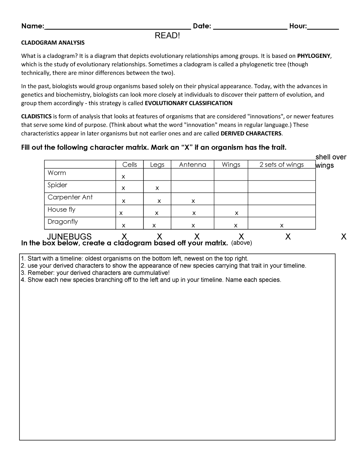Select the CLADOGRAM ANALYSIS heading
click(x=53, y=43)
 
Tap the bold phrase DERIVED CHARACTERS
click(x=251, y=134)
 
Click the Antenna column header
click(x=193, y=165)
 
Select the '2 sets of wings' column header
click(x=282, y=165)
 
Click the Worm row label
click(x=57, y=173)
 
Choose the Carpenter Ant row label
click(x=70, y=197)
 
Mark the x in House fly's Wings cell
click(x=236, y=213)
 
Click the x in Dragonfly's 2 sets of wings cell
click(x=281, y=225)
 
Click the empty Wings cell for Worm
click(x=231, y=174)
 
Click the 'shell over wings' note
click(x=331, y=161)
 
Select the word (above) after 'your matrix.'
click(x=241, y=243)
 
